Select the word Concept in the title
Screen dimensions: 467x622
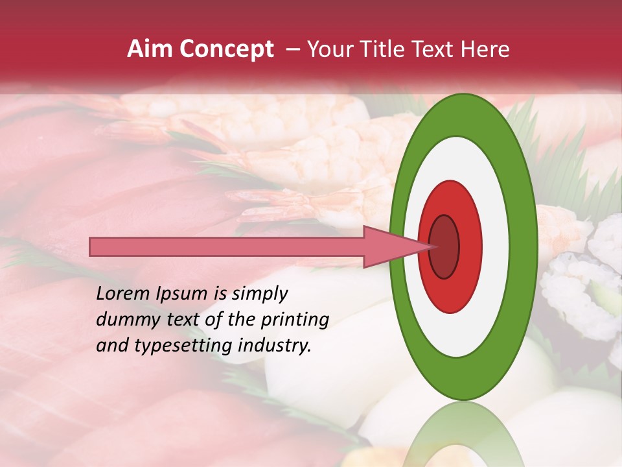pyautogui.click(x=226, y=49)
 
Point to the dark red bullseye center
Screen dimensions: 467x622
pyautogui.click(x=444, y=247)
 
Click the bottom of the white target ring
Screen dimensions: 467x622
pyautogui.click(x=463, y=346)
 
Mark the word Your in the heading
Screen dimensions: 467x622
pyautogui.click(x=328, y=49)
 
